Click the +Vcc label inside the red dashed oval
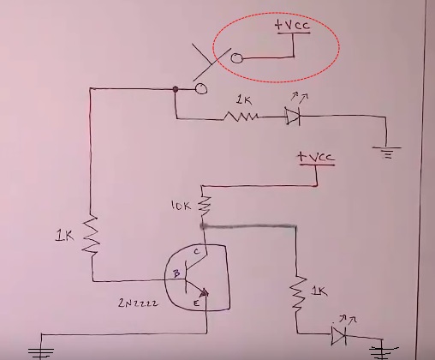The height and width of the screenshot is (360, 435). [x=292, y=25]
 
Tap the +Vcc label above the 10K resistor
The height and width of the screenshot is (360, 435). [x=315, y=157]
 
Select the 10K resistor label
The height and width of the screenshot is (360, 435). [x=181, y=206]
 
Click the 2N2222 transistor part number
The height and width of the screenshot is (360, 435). [x=138, y=303]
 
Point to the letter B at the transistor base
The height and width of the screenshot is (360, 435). [x=176, y=273]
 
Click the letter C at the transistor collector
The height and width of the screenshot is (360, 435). [x=197, y=251]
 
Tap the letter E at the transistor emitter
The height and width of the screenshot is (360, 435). [x=196, y=303]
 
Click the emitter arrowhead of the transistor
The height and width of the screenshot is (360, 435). [x=205, y=292]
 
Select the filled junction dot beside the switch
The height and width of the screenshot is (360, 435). [x=176, y=89]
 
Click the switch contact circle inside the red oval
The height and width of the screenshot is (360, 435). [x=236, y=58]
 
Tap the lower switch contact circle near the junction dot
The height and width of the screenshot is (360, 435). [x=201, y=88]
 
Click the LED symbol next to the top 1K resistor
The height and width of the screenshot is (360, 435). [x=293, y=116]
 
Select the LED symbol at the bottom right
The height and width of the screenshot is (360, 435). [x=339, y=335]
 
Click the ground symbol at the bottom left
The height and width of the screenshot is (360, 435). [x=41, y=353]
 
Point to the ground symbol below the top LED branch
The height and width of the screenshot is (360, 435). [x=387, y=153]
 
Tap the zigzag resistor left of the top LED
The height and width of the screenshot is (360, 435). [x=241, y=117]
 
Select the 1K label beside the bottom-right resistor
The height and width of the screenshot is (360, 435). [x=319, y=291]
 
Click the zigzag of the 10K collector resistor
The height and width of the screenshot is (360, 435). [x=205, y=206]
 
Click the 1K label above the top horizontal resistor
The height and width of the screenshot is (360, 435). [x=244, y=100]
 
